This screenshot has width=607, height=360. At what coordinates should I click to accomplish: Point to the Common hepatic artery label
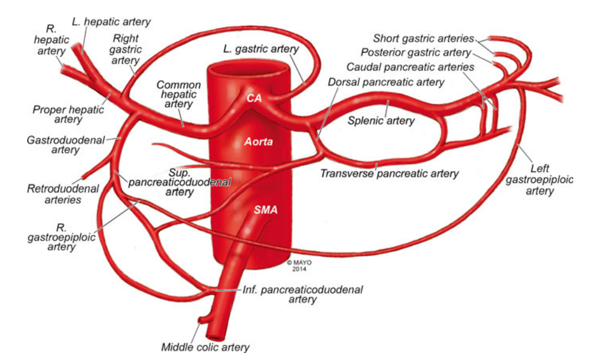(x=178, y=94)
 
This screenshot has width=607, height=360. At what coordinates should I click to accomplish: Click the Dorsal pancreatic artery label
(x=386, y=83)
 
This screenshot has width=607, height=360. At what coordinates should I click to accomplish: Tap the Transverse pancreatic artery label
(x=389, y=174)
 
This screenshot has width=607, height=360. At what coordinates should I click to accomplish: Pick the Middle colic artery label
(x=205, y=347)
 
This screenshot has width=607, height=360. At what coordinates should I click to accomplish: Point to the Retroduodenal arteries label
(x=54, y=194)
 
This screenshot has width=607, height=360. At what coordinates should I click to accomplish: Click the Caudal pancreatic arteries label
(x=410, y=67)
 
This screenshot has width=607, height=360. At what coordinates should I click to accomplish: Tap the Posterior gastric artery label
(x=417, y=53)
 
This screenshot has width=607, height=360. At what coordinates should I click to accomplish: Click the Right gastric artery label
(x=125, y=49)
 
